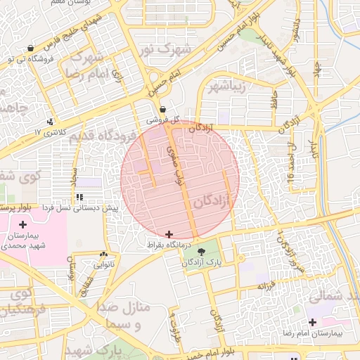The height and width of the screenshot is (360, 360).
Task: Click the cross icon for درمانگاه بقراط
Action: (x=168, y=234)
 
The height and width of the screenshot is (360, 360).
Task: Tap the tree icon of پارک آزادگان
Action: (x=202, y=251)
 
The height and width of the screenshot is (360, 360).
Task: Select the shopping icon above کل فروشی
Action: (x=163, y=110)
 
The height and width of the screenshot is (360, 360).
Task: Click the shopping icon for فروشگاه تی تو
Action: (x=30, y=49)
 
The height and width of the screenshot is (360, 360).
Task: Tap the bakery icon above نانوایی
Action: (x=104, y=254)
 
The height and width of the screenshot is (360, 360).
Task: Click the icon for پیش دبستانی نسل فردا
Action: (x=79, y=198)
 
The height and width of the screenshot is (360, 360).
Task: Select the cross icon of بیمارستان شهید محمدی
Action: (x=23, y=224)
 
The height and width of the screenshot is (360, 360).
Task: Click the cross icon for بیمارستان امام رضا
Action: (x=312, y=321)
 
